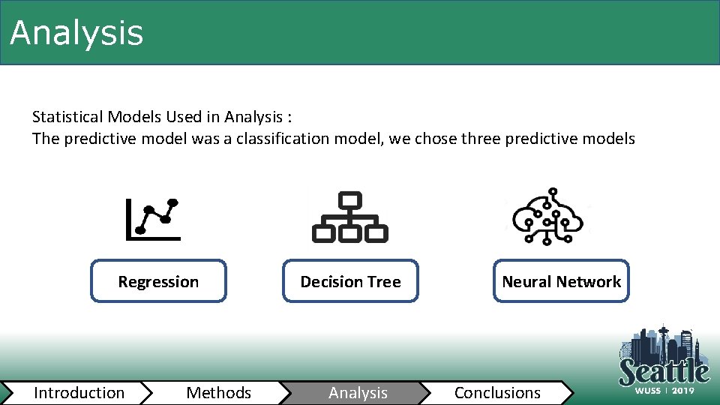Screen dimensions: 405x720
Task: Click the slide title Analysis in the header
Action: point(76,33)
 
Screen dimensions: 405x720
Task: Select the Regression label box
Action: point(158,282)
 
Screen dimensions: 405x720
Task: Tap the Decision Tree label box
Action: point(350,282)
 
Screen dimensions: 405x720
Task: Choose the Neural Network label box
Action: point(561,282)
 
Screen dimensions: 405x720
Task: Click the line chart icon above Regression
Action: point(154,219)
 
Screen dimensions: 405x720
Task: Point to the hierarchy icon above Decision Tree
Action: point(349,217)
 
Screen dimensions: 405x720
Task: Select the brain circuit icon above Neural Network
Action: point(547,216)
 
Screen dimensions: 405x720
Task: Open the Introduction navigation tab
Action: point(79,393)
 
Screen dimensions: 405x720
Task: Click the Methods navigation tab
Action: point(218,393)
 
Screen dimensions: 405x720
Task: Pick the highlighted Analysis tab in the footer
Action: point(358,393)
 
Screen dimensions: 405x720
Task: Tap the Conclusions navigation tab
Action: point(497,393)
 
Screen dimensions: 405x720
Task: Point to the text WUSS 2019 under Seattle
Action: point(664,391)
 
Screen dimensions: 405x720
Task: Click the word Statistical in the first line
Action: point(67,117)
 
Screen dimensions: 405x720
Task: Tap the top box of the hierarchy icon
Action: point(350,200)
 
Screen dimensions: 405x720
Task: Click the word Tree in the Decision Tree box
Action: point(384,282)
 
